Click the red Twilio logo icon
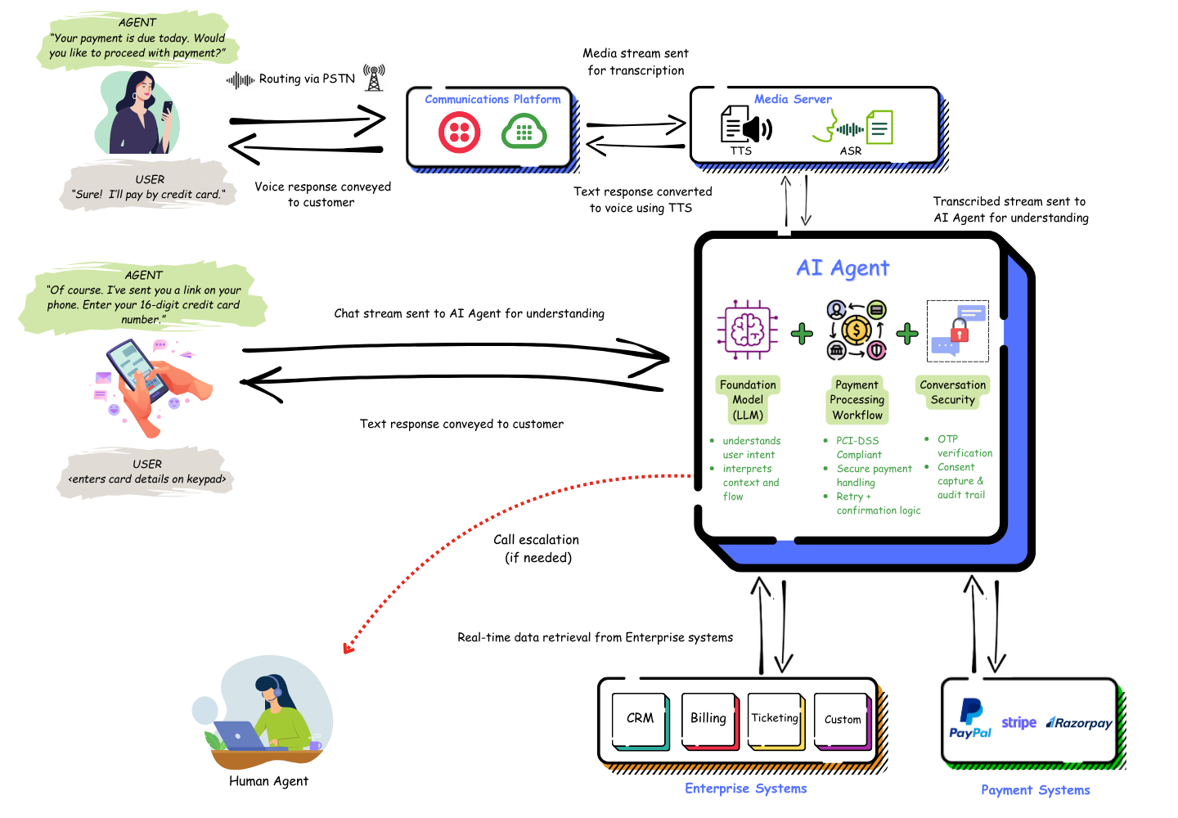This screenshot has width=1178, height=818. [x=459, y=133]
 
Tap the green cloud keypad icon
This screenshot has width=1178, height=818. [x=524, y=132]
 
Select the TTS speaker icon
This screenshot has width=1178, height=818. [x=746, y=127]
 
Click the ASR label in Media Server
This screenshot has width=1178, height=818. [x=851, y=151]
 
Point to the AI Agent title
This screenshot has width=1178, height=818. [x=843, y=268]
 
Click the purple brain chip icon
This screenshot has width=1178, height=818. [x=747, y=330]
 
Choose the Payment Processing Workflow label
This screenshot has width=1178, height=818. [x=857, y=400]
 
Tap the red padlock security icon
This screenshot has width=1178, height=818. [x=959, y=330]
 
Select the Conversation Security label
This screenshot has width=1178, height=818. [x=952, y=393]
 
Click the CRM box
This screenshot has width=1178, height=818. [x=640, y=719]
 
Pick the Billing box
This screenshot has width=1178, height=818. [x=708, y=719]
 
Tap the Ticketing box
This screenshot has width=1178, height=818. [x=775, y=719]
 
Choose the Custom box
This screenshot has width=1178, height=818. [x=842, y=720]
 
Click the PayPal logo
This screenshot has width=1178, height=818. [x=970, y=719]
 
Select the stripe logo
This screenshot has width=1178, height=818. [x=1018, y=722]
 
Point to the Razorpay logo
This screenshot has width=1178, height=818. [x=1079, y=723]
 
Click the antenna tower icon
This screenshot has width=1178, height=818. [x=375, y=77]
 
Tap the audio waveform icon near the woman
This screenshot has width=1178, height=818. [x=240, y=81]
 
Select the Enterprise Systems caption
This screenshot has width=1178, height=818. [x=745, y=789]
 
